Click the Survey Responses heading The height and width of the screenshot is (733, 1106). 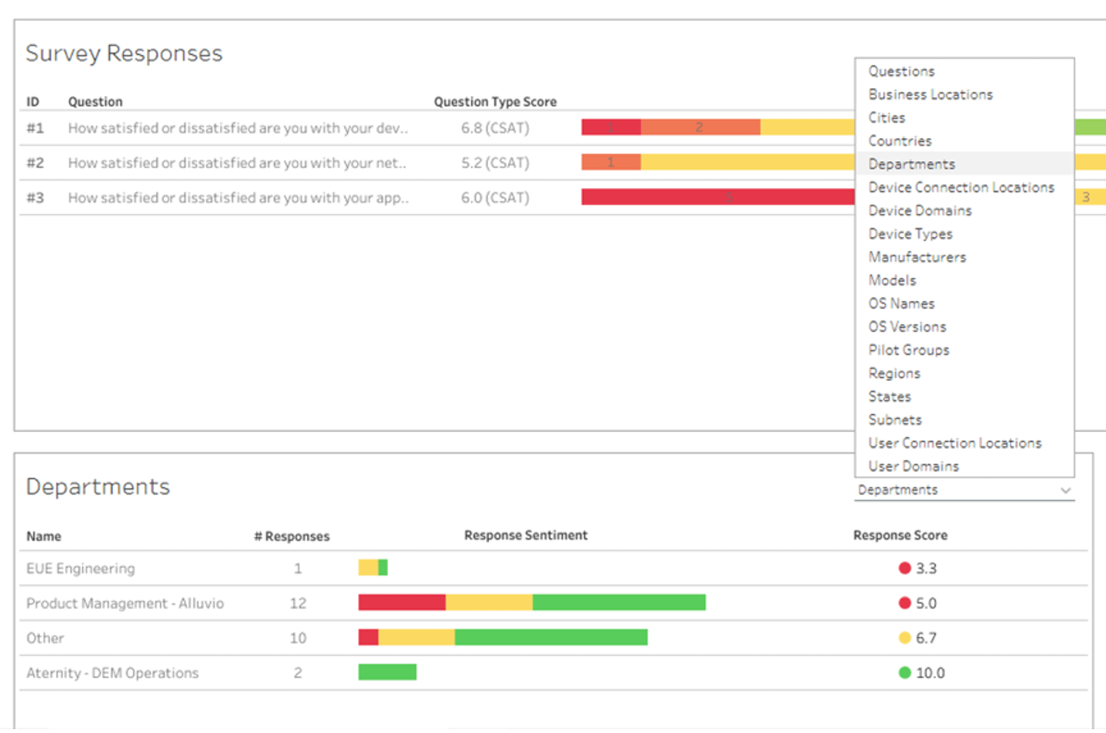point(124,53)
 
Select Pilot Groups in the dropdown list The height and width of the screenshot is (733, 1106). point(908,350)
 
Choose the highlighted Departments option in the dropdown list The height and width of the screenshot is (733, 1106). point(911,164)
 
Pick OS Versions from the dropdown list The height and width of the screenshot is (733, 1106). point(906,327)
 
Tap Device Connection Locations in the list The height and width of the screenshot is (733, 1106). point(961,187)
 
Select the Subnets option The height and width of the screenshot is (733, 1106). point(895,420)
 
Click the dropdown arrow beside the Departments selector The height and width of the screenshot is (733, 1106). point(1065,491)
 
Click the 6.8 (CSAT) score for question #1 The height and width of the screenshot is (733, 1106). point(495,128)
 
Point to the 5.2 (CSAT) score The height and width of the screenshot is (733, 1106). point(495,163)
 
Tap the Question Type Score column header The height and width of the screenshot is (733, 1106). point(495,102)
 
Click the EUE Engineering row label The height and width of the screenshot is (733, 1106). point(80,569)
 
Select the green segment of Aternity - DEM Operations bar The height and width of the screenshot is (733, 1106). point(387,672)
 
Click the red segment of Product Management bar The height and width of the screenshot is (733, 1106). point(401,602)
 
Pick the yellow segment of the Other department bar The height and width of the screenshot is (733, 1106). point(416,637)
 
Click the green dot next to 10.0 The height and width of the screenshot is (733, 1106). point(904,673)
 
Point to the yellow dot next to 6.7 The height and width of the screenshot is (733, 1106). point(904,638)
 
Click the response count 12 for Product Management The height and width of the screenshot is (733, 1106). point(298,603)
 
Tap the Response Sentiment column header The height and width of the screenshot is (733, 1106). point(525,536)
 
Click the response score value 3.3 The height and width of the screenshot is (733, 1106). point(926,569)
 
